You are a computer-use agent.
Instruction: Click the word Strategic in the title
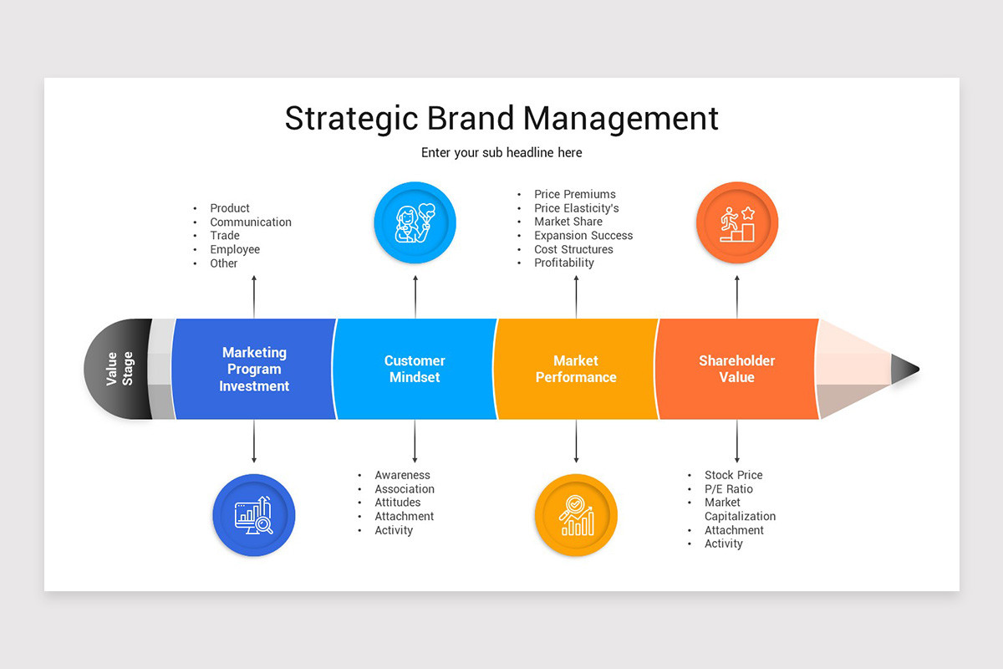(352, 118)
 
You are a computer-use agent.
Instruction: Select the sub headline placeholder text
(501, 153)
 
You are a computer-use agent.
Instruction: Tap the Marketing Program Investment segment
(254, 369)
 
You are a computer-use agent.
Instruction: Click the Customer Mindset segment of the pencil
(415, 369)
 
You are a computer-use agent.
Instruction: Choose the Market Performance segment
(576, 369)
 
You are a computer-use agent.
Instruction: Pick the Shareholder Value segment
(736, 369)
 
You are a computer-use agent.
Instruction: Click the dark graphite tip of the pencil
(904, 369)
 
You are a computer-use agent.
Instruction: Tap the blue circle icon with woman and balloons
(415, 223)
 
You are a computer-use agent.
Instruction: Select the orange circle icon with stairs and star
(736, 223)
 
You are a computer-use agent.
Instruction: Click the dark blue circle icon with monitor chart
(254, 515)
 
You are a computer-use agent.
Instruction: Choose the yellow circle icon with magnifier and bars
(576, 515)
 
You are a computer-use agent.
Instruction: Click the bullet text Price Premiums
(575, 194)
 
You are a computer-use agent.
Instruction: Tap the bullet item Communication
(251, 222)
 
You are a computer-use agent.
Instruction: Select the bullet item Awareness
(402, 475)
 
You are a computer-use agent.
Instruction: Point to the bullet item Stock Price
(733, 475)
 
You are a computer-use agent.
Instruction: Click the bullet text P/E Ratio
(728, 489)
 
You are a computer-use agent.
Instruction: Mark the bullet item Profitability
(564, 263)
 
